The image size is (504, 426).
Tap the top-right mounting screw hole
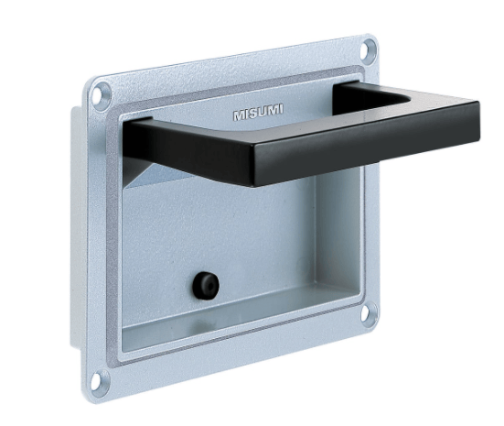368,49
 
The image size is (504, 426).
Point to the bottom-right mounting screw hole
368,311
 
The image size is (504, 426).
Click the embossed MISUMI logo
258,112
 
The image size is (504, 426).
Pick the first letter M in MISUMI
239,115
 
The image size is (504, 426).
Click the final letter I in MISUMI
282,109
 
